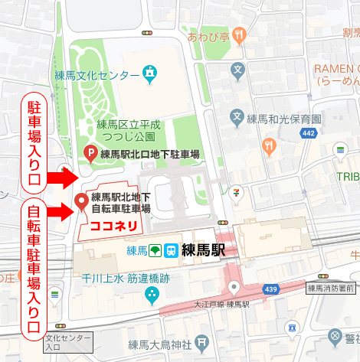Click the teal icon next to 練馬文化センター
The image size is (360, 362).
(151, 75)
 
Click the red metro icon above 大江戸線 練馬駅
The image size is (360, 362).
(235, 289)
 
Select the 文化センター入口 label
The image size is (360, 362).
(69, 342)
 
